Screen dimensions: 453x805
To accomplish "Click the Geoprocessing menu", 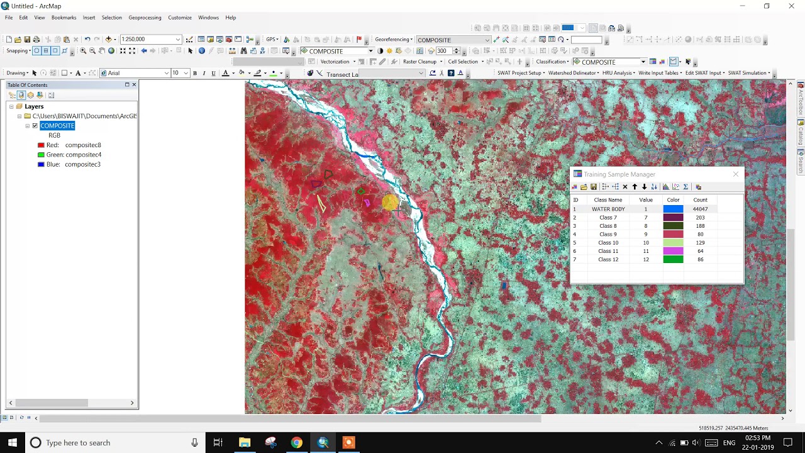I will tap(145, 18).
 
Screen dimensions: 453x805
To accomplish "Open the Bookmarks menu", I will tap(64, 18).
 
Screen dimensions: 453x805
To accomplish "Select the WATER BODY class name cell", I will tap(608, 209).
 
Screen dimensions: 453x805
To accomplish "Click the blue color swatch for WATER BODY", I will tap(673, 209).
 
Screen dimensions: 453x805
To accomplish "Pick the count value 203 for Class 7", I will tap(700, 218).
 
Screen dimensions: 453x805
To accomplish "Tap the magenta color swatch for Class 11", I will tap(673, 251).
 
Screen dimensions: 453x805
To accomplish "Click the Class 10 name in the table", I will tap(608, 243).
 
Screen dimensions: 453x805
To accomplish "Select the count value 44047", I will tap(700, 209).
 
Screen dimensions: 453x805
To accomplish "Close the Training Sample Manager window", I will tap(736, 174).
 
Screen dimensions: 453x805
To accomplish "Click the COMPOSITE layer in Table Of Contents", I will tap(57, 126).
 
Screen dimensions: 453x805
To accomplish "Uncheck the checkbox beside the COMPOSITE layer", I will tap(35, 126).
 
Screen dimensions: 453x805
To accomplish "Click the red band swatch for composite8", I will tap(41, 145).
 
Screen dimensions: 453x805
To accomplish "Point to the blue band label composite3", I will tap(82, 164).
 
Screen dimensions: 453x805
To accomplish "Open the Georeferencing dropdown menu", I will tap(394, 40).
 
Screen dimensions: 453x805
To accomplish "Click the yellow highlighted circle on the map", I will tap(389, 202).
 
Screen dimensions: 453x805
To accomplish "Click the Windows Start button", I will tap(13, 443).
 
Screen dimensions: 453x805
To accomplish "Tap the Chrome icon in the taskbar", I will tap(296, 443).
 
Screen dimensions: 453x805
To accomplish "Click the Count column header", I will tap(700, 200).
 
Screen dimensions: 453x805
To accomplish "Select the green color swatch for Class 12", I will tap(673, 259).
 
